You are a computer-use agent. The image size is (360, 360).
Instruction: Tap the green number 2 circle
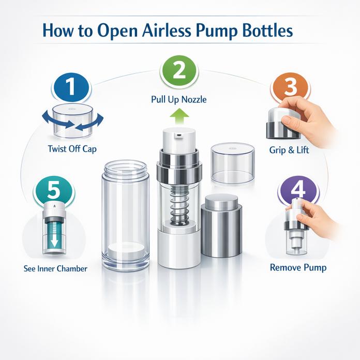pyautogui.click(x=179, y=71)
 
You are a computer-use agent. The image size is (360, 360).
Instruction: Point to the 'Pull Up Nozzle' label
pyautogui.click(x=179, y=99)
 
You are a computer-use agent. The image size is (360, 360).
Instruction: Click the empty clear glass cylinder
pyautogui.click(x=125, y=212)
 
